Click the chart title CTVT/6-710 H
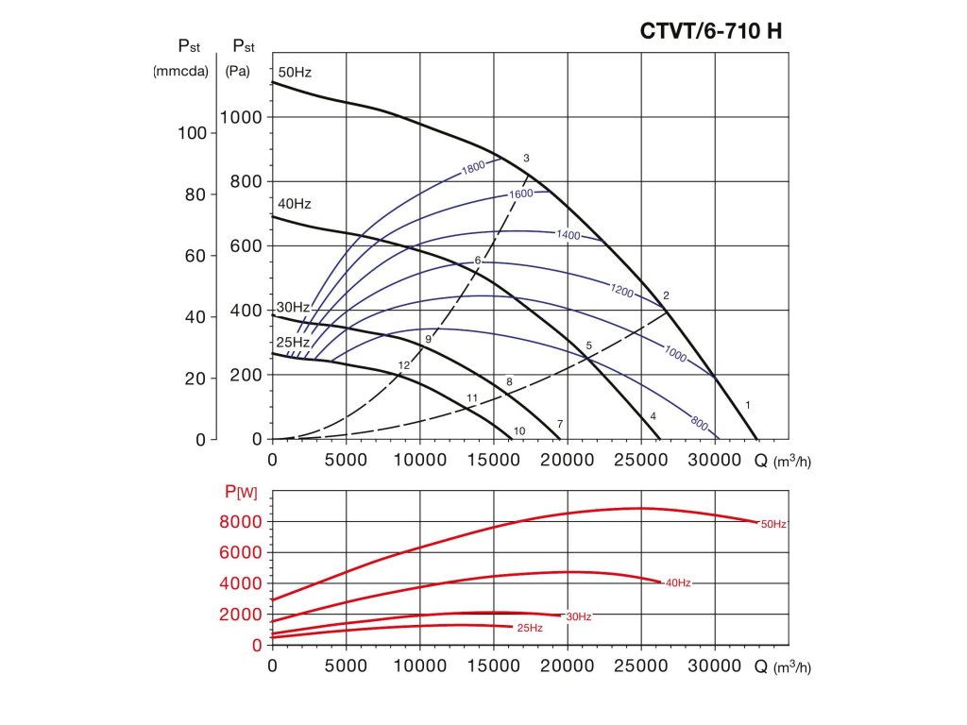pyautogui.click(x=711, y=31)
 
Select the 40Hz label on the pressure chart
pyautogui.click(x=293, y=204)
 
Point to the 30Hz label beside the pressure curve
pyautogui.click(x=293, y=308)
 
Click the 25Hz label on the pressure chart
pyautogui.click(x=292, y=342)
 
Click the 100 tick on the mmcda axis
pyautogui.click(x=192, y=133)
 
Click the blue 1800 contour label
pyautogui.click(x=473, y=168)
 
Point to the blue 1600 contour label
pyautogui.click(x=521, y=194)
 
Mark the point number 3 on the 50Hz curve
pyautogui.click(x=526, y=158)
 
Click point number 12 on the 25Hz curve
pyautogui.click(x=404, y=365)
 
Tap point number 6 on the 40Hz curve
pyautogui.click(x=478, y=261)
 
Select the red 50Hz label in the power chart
pyautogui.click(x=773, y=523)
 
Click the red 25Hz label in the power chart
pyautogui.click(x=530, y=628)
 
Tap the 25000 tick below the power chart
pyautogui.click(x=641, y=666)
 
